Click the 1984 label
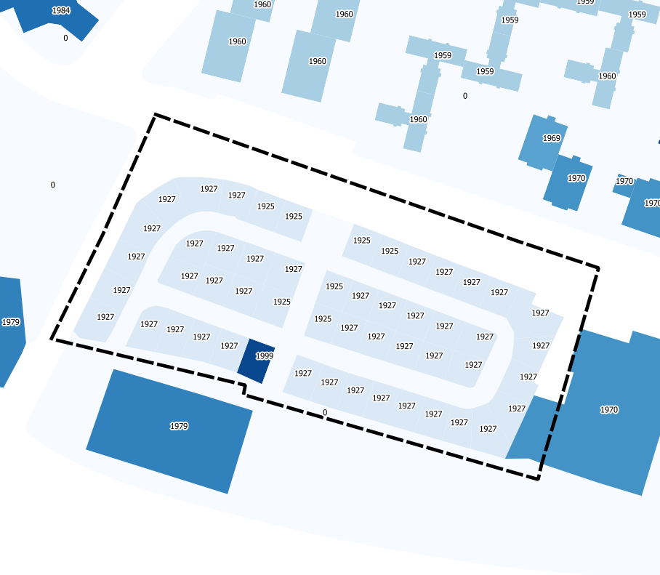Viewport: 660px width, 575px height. click(x=62, y=11)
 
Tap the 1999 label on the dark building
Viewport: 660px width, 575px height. click(x=264, y=356)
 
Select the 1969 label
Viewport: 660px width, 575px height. click(x=552, y=138)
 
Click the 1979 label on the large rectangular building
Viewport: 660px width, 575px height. click(x=179, y=426)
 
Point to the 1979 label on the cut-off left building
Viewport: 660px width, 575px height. click(x=10, y=322)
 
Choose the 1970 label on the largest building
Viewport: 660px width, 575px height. click(x=609, y=410)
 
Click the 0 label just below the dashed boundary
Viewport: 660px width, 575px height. click(x=324, y=413)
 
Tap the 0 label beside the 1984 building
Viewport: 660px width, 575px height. click(x=65, y=38)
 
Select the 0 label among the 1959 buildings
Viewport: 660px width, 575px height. click(x=465, y=96)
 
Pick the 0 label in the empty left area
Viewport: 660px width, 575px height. click(x=52, y=185)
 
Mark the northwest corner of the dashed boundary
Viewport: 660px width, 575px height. click(x=155, y=115)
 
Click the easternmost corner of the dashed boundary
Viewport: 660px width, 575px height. click(x=598, y=268)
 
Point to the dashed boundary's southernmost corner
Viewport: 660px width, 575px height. click(x=538, y=479)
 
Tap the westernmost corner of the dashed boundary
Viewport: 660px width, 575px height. click(x=52, y=339)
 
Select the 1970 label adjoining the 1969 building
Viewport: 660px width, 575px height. click(x=576, y=178)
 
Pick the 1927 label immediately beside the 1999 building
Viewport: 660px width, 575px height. click(x=230, y=346)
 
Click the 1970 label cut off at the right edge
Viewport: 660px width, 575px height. click(x=652, y=204)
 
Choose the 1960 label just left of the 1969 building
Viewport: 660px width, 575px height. click(x=419, y=119)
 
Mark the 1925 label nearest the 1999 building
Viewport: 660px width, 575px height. click(x=282, y=302)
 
